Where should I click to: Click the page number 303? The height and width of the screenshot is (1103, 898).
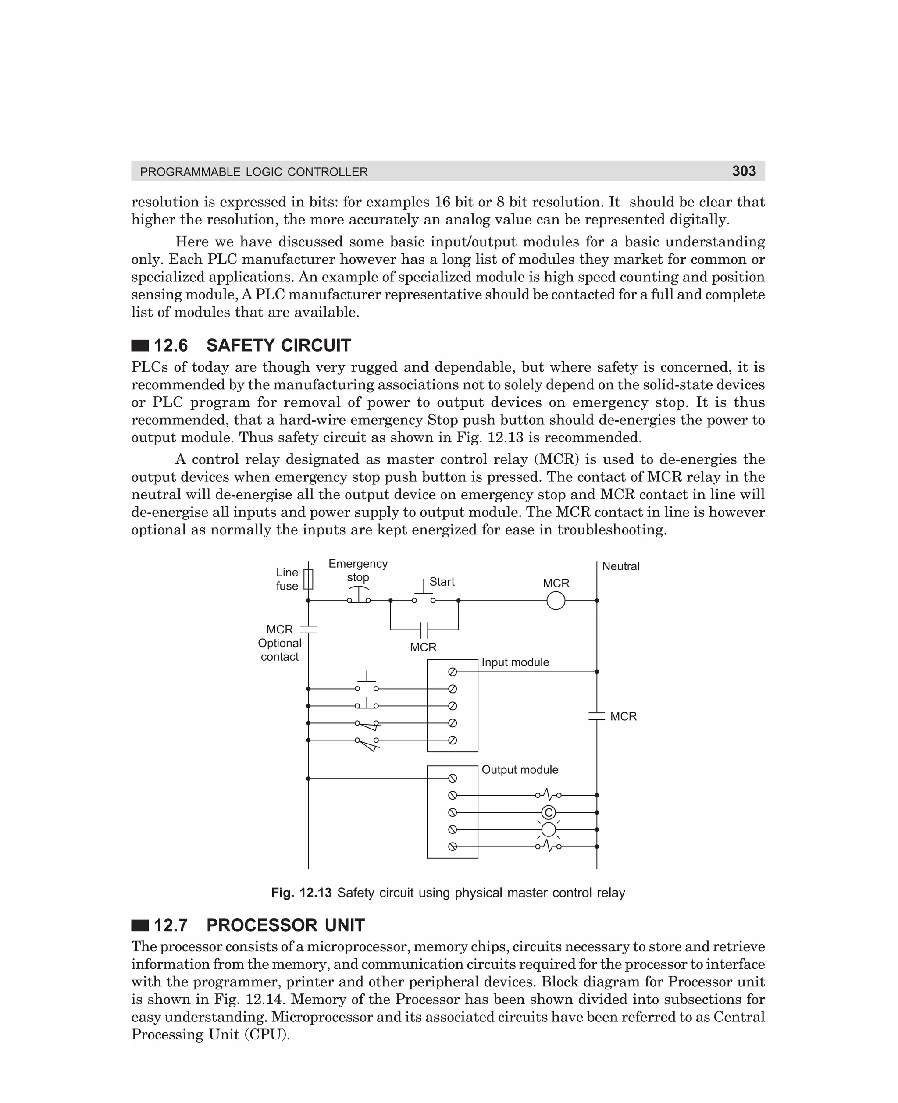(743, 171)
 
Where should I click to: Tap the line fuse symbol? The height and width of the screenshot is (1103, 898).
(308, 579)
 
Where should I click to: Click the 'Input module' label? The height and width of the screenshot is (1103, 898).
(515, 662)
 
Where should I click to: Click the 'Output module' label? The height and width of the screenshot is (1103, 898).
(520, 769)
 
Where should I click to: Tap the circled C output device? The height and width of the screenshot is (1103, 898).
(549, 812)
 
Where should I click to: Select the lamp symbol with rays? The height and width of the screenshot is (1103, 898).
(549, 829)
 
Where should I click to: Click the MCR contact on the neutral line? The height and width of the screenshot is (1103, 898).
(596, 716)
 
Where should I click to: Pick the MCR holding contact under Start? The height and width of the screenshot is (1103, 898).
(424, 630)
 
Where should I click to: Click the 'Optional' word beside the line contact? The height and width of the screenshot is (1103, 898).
(279, 643)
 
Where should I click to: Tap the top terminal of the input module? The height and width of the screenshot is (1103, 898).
(452, 672)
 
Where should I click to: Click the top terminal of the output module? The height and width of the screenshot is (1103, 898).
(452, 778)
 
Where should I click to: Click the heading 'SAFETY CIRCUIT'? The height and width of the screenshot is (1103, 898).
(278, 345)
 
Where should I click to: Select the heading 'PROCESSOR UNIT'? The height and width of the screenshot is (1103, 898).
(285, 925)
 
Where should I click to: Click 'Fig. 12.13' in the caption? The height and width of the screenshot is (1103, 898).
(301, 893)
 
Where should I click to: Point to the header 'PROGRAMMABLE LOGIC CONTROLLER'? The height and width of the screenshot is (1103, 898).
(254, 172)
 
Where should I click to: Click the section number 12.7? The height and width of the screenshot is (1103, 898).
(171, 925)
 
